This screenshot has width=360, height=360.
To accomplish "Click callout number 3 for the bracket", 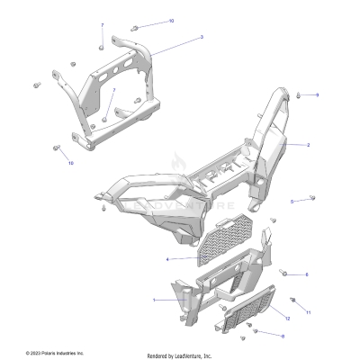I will [x=201, y=37].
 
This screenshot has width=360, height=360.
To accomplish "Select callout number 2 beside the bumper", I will [x=308, y=144].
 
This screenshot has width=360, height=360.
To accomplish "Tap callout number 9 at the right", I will [x=317, y=94].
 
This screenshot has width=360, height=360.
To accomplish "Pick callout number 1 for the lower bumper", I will [x=154, y=300].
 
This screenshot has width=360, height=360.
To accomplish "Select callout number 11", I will [x=307, y=312].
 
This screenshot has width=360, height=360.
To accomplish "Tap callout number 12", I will [x=287, y=319].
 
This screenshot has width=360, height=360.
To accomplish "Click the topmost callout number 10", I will [x=172, y=20].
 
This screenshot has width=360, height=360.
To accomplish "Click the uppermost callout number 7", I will [x=102, y=25].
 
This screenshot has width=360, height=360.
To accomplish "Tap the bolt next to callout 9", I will [x=299, y=94].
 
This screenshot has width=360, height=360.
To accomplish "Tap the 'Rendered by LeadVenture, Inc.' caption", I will [x=180, y=355].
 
